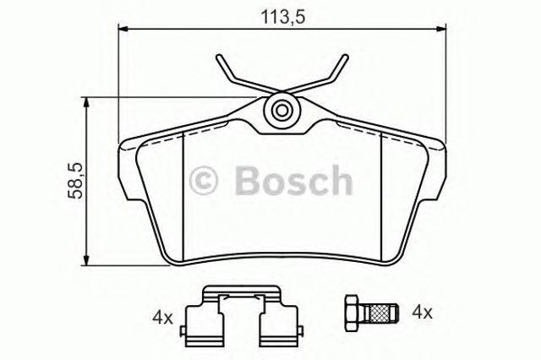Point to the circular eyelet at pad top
[281, 109]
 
